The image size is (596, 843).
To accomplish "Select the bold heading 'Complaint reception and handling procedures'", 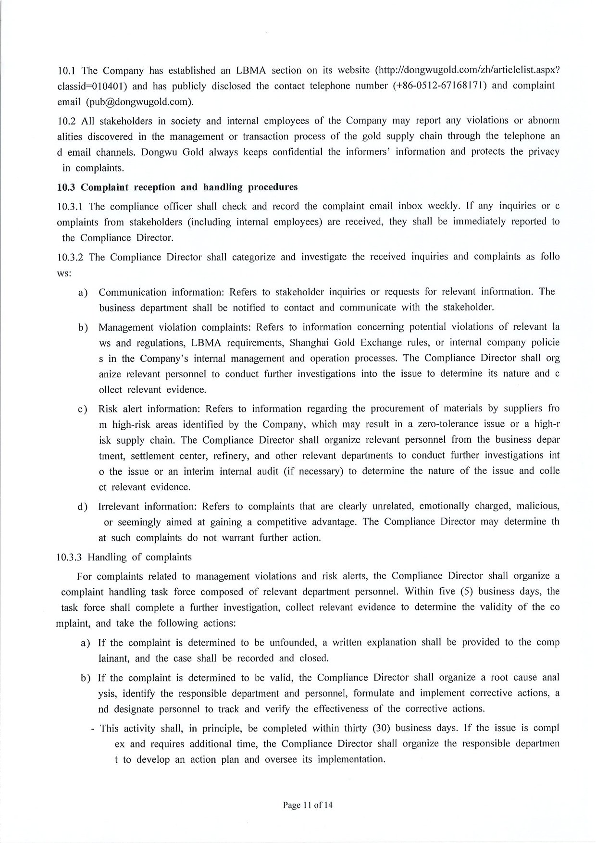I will point(189,187).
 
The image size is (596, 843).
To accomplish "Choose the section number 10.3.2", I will point(71,257).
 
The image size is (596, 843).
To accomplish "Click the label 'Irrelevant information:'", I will point(148,507).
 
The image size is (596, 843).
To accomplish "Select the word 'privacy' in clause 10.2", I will point(543,152).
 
